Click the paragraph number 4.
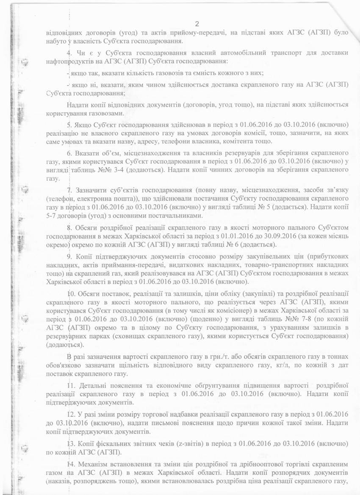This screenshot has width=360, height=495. (69, 53)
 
